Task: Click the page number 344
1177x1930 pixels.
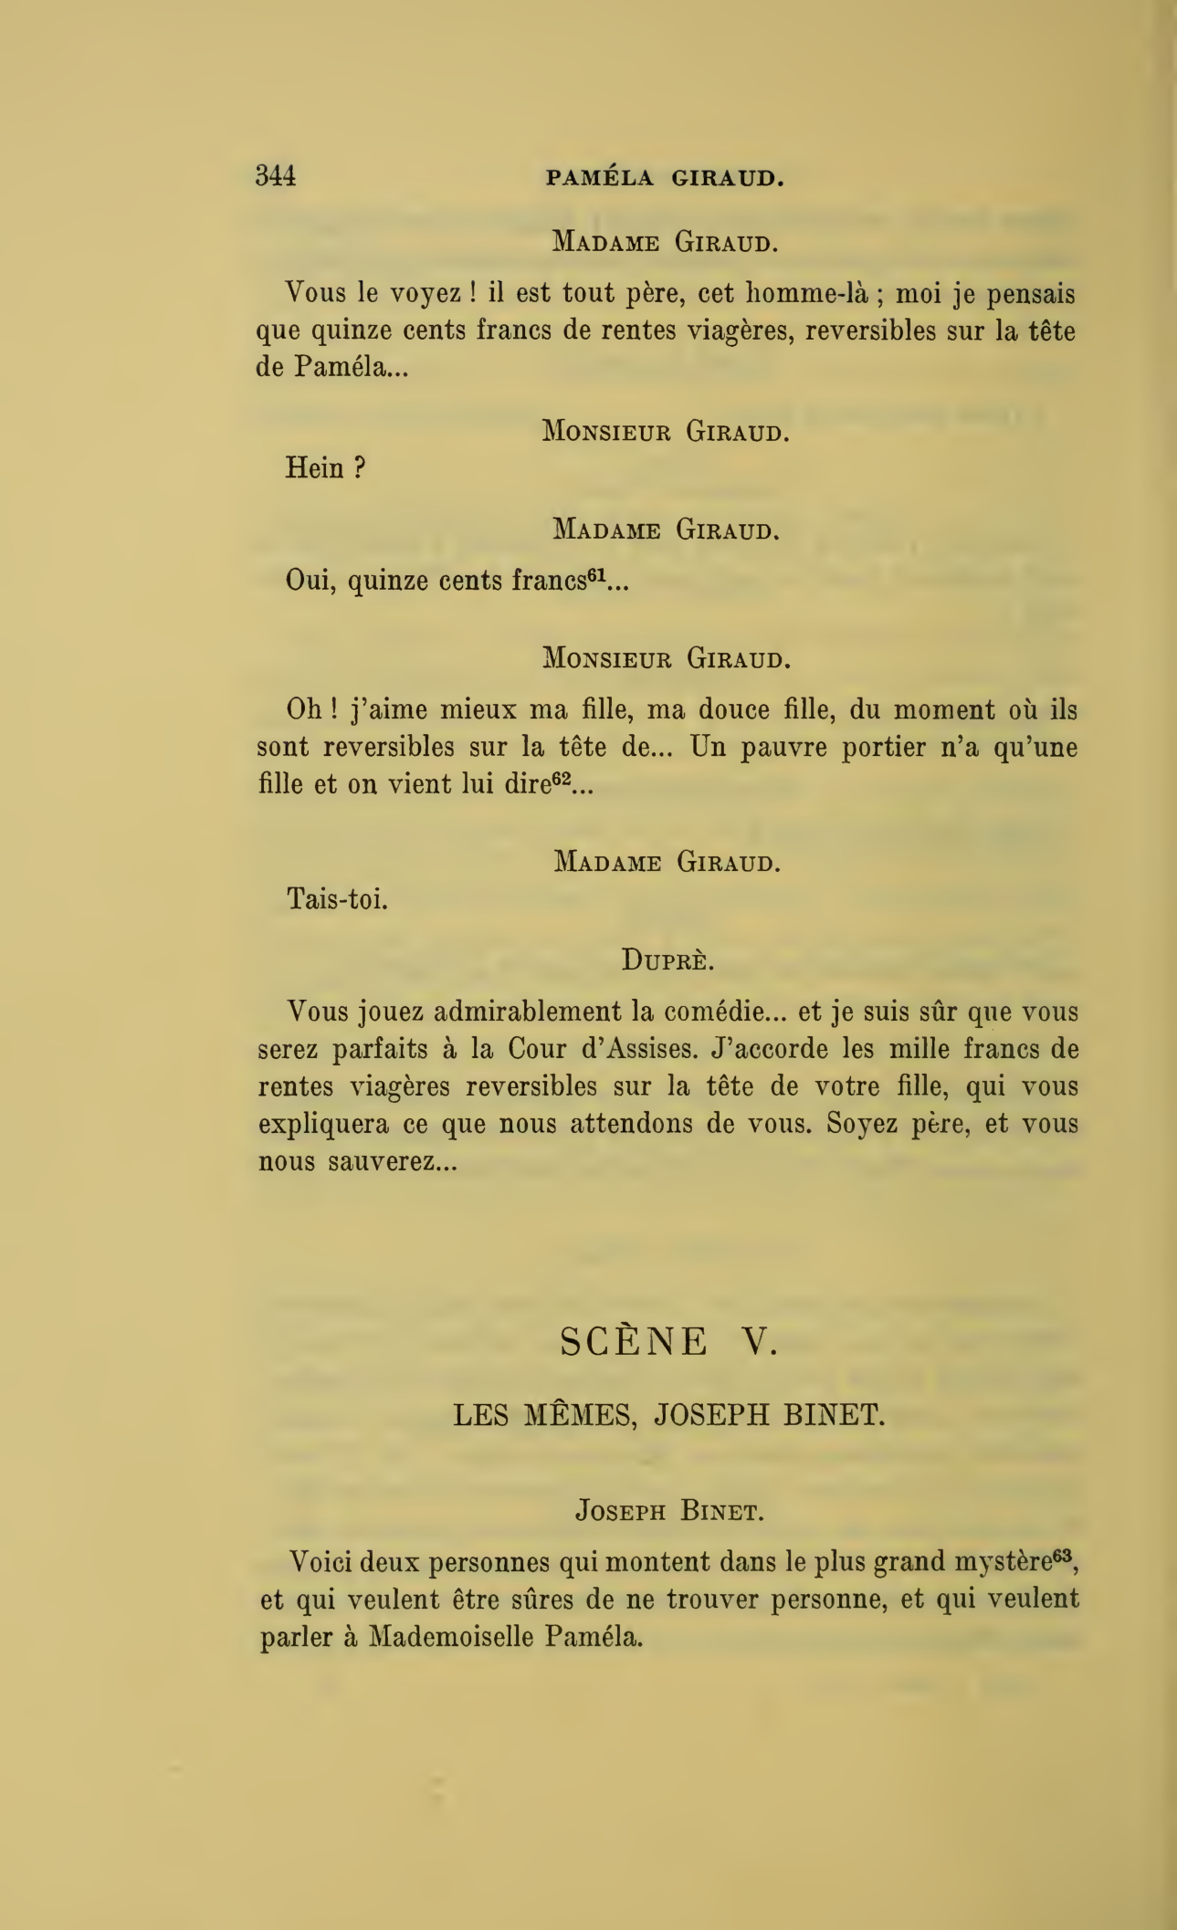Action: pos(276,174)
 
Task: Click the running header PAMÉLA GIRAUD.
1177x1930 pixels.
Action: pos(665,178)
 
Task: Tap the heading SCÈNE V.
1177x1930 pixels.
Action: pos(668,1341)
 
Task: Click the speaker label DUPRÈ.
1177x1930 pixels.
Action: pos(667,960)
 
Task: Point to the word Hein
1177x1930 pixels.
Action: pos(316,468)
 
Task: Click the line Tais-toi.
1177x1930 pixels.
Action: pos(338,899)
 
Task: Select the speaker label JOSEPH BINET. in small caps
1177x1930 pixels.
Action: pos(668,1511)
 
